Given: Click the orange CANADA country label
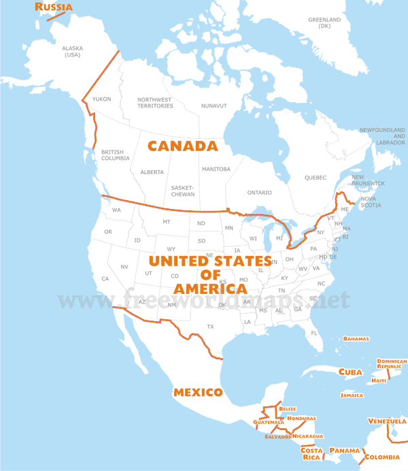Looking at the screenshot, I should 182,146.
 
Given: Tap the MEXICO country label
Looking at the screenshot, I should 198,392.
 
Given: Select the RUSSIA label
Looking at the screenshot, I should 54,7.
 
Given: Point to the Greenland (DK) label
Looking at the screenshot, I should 324,23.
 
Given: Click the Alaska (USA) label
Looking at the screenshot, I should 71,51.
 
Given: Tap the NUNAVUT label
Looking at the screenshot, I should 214,105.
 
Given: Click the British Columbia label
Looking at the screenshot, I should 115,155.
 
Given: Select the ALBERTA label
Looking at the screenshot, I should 152,172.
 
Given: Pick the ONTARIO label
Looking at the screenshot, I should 259,193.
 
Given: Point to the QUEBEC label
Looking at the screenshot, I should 316,178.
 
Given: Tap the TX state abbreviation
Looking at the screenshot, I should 210,327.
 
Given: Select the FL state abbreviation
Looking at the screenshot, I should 314,333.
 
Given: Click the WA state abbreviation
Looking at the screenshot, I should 116,210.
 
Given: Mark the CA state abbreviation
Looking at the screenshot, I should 105,278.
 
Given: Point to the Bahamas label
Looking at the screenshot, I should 356,338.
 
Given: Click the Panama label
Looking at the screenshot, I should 344,451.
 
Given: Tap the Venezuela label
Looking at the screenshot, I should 387,421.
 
